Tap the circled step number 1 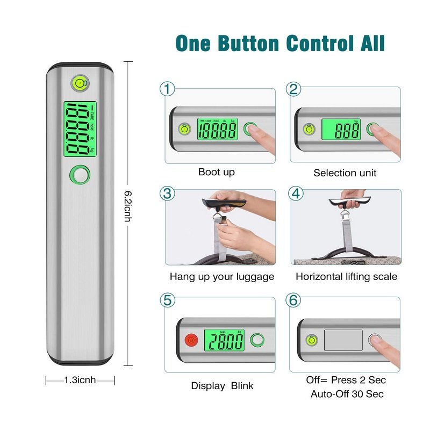168,89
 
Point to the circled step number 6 294,300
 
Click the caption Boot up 217,172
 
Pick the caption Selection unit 345,173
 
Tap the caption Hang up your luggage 222,277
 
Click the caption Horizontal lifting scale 347,277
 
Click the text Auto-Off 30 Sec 347,394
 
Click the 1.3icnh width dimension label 80,380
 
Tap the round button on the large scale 80,174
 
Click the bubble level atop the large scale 80,83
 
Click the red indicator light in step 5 190,340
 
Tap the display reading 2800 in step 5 224,341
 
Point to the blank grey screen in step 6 343,340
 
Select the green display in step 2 341,130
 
